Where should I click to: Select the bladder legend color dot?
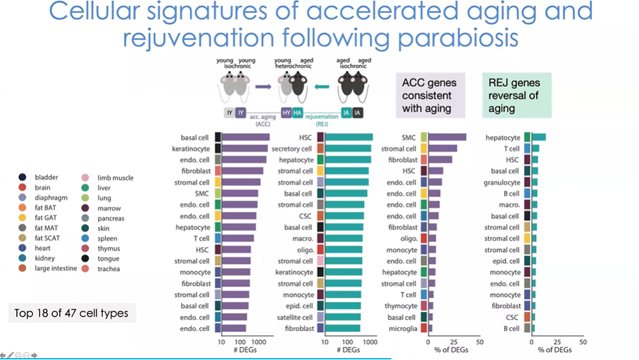(x=23, y=178)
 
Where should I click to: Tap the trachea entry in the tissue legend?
(x=108, y=269)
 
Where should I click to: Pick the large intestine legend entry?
(x=56, y=269)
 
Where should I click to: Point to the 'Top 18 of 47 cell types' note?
(x=71, y=313)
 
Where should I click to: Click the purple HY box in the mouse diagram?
(x=286, y=113)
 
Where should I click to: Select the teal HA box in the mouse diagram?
(x=298, y=113)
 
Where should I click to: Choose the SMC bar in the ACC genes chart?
(x=447, y=137)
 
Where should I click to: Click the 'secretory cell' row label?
(x=292, y=149)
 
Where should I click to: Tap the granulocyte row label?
(x=502, y=182)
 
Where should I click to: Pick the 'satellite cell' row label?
(x=295, y=317)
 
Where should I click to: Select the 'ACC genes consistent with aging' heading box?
(x=430, y=95)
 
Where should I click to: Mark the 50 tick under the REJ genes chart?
(x=582, y=342)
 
